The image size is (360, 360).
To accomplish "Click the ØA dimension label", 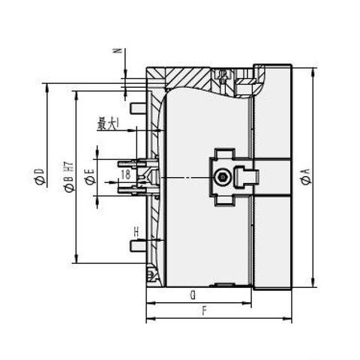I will point(305,178).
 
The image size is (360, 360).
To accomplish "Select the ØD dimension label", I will point(38,178).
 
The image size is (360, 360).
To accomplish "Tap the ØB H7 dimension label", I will point(67,178).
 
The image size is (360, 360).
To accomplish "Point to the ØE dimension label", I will point(88,178).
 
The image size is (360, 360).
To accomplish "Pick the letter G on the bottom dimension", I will point(193,294).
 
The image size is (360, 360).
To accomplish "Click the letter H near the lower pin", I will point(135,230).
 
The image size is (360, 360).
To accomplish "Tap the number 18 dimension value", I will point(124,173).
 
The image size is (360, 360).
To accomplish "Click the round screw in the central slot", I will point(222,177).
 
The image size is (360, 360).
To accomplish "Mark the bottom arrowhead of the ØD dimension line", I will point(48,286).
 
